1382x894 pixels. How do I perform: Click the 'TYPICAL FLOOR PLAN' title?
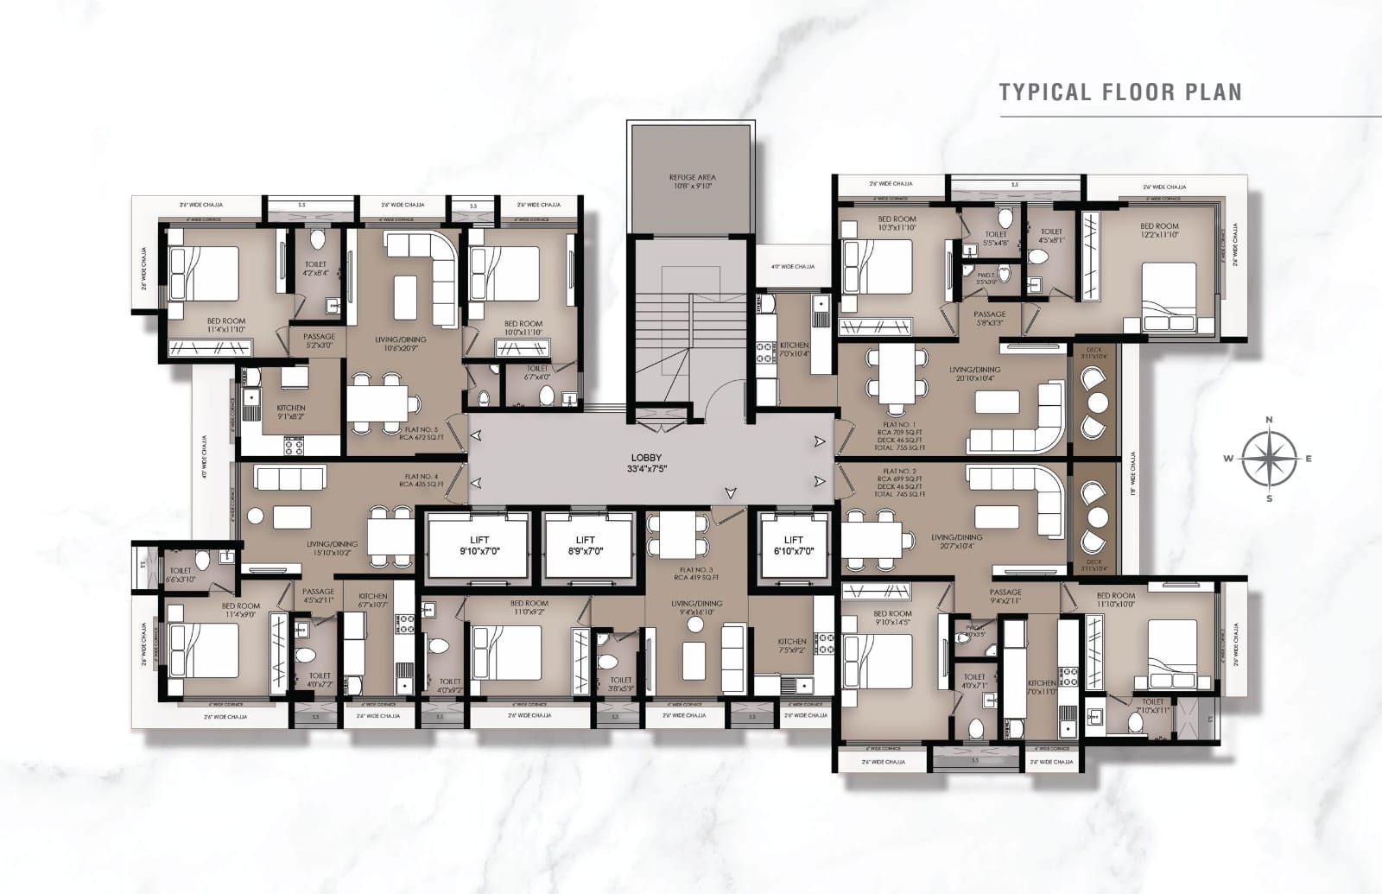tap(1119, 92)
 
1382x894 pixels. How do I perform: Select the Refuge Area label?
tap(692, 181)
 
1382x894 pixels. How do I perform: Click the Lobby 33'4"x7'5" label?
tap(648, 463)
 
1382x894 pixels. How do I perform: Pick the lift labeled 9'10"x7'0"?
tap(478, 545)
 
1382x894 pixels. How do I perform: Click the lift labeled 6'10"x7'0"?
tap(792, 545)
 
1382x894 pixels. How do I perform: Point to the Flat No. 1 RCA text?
tap(901, 434)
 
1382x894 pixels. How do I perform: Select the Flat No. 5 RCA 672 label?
tap(421, 433)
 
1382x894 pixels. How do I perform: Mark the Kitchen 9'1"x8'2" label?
tap(290, 412)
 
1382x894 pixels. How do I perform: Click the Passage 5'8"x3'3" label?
tap(989, 319)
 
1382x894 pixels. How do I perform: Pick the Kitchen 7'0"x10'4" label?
tap(794, 349)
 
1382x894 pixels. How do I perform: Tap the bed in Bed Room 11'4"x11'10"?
tap(204, 274)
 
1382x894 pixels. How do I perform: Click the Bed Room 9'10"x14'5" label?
tap(893, 618)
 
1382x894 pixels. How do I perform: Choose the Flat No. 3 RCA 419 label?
tap(699, 574)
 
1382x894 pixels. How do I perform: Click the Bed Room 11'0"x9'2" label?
tap(529, 607)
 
